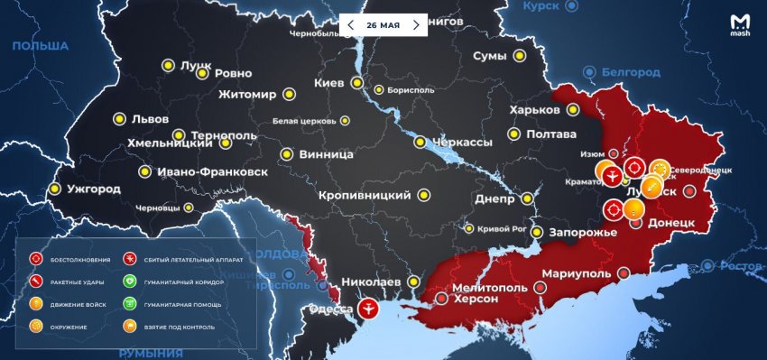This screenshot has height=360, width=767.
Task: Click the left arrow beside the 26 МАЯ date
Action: (351, 25)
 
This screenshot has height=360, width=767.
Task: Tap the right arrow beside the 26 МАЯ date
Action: (416, 25)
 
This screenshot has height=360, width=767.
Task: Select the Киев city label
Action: (328, 83)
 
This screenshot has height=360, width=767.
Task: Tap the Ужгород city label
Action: (93, 189)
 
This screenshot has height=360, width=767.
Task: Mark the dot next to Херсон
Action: (440, 297)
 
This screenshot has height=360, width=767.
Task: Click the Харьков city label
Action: (534, 110)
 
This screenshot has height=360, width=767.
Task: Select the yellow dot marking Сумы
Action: (519, 57)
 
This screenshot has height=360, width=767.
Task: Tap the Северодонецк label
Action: (708, 170)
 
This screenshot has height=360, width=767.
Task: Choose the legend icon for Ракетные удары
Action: (36, 282)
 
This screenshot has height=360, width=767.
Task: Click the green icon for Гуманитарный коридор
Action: (129, 282)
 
